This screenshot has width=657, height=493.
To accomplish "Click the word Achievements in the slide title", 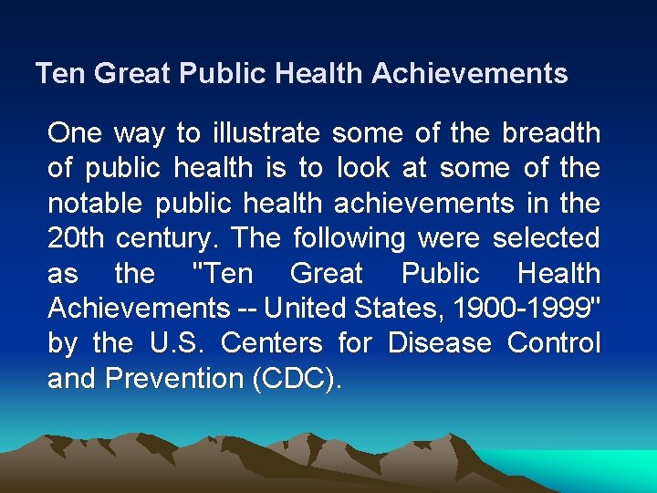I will (469, 74).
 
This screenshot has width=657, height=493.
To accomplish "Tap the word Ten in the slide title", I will (59, 74).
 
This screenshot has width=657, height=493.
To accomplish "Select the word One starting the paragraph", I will (75, 134).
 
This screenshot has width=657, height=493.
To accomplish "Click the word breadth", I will (550, 134).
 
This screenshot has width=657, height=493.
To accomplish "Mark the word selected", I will (546, 238).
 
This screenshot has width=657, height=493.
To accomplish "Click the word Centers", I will (272, 344).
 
